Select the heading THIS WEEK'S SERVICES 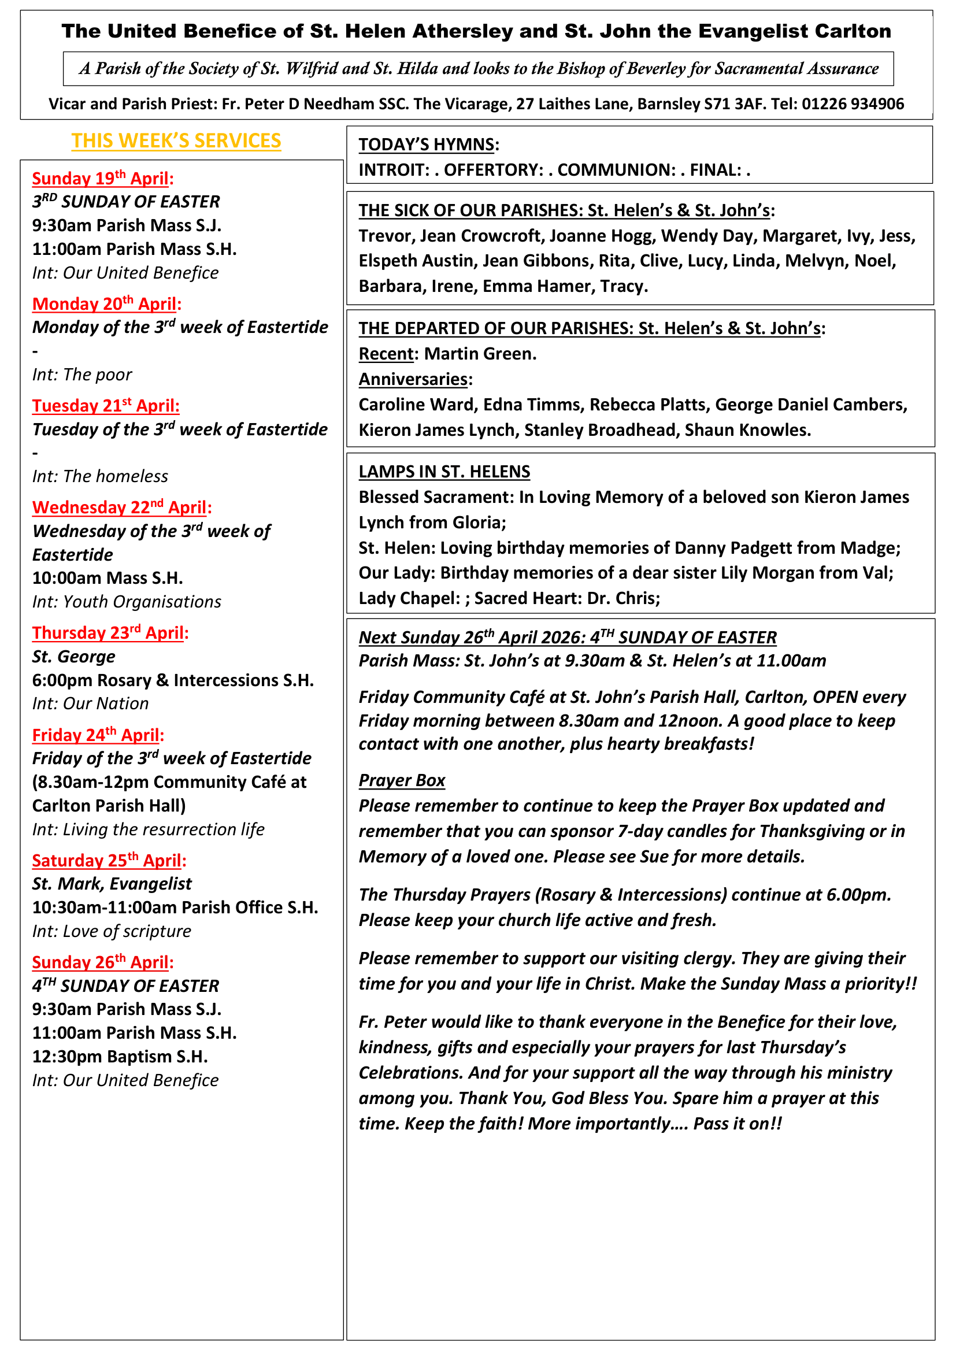coord(176,140)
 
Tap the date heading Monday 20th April coord(106,304)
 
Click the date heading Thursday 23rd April coord(109,633)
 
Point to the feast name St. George coord(73,657)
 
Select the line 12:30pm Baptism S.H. coord(120,1057)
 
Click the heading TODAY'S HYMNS coord(427,145)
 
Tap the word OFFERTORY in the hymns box coord(492,170)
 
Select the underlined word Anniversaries coord(413,379)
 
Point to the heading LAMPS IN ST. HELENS coord(444,472)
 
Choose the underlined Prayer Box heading coord(402,780)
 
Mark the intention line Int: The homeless coord(100,476)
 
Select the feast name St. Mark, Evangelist coord(112,884)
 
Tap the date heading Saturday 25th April coord(108,861)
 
